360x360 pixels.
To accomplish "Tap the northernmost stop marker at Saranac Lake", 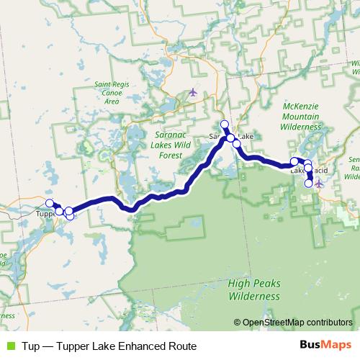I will (225, 124).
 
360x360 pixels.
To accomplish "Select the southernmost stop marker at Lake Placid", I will (309, 183).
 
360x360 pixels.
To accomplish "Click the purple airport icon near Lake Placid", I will (320, 183).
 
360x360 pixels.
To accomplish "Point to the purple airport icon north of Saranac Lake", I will (192, 92).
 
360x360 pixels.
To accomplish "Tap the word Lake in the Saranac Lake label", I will (245, 136).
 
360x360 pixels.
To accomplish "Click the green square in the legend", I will (9, 346).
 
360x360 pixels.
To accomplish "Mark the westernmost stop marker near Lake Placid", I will (294, 161).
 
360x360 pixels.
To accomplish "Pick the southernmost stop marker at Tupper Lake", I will (70, 215).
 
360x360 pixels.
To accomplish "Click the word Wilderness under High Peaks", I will (253, 296).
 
